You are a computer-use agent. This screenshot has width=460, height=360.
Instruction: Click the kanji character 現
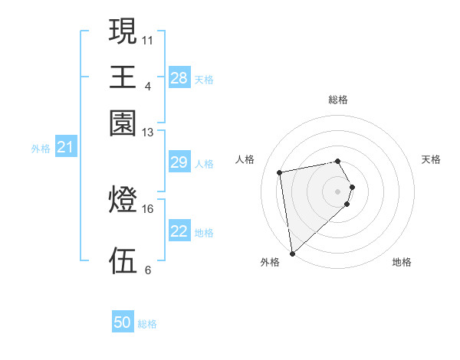(123, 33)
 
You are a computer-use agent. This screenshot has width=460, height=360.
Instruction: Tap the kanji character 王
(123, 78)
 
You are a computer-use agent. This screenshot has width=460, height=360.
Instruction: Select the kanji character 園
(123, 123)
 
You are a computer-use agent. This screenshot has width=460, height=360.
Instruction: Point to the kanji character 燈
(123, 201)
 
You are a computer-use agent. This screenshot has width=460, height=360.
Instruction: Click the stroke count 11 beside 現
(148, 39)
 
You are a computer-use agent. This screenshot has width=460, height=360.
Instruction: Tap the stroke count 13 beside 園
(148, 133)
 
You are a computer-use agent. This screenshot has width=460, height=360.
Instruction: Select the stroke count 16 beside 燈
(148, 208)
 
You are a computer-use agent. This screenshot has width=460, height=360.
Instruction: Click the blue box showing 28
(179, 78)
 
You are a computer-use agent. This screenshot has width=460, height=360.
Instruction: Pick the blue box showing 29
(179, 162)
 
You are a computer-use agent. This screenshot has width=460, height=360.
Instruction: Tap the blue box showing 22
(179, 231)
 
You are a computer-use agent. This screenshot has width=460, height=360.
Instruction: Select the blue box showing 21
(64, 147)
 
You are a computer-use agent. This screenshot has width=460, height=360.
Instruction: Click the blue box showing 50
(123, 322)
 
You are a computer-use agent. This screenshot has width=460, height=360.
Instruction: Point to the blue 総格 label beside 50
(147, 324)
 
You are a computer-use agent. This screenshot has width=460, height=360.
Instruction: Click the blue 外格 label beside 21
(41, 149)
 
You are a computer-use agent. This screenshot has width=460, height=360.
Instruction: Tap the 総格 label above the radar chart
(338, 100)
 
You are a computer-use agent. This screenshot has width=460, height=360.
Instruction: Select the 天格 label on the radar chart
(431, 159)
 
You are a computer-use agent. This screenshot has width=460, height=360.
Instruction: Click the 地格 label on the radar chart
(402, 262)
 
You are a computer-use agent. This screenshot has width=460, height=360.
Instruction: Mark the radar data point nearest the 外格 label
(292, 253)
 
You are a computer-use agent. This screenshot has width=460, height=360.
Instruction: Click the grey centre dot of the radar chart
(338, 190)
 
